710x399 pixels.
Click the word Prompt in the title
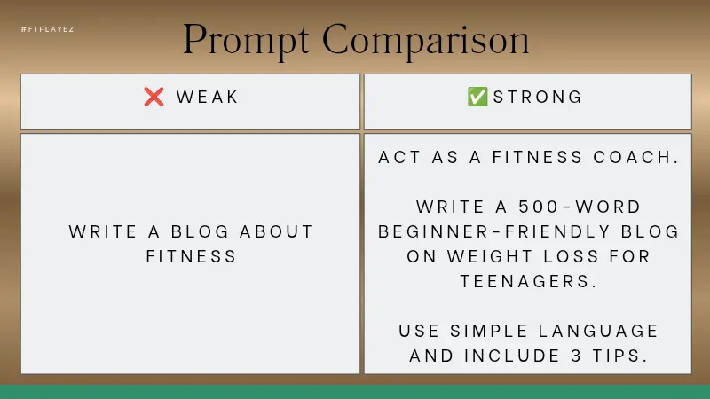click(x=247, y=40)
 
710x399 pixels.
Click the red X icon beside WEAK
click(x=154, y=98)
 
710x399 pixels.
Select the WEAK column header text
click(x=208, y=98)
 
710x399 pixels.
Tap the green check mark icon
click(x=477, y=98)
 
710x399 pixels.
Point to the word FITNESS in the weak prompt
click(x=192, y=257)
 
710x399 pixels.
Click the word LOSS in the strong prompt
click(x=573, y=257)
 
